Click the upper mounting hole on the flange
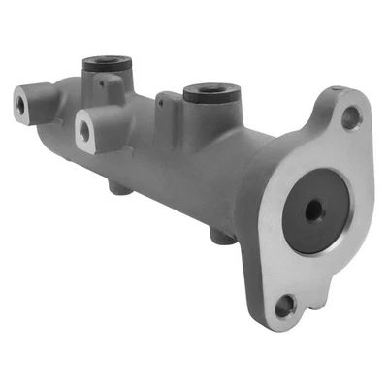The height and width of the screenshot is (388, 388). tap(351, 119)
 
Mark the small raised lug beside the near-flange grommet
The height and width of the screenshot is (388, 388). tap(169, 102)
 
